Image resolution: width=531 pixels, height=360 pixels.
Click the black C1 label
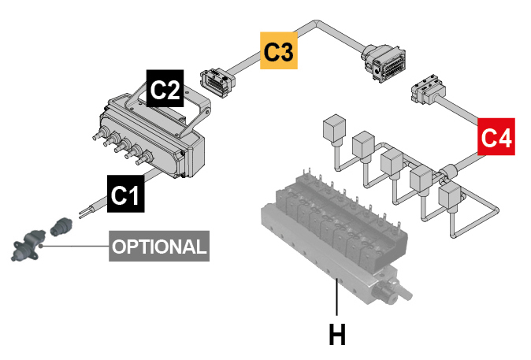coord(125,194)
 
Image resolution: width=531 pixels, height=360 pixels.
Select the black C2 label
coord(165,88)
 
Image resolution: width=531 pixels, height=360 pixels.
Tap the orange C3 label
coord(279,50)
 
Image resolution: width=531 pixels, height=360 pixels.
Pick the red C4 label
coord(496,137)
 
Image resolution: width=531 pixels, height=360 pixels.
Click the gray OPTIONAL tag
coord(159,247)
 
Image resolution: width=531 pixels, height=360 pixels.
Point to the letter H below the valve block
coord(337,334)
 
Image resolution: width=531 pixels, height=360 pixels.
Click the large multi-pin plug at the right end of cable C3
coord(384,63)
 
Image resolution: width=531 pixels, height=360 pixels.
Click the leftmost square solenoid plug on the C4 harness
coord(334,128)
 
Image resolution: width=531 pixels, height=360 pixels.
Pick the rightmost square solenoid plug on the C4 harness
coord(449,195)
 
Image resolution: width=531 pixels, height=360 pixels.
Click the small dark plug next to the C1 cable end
coord(61,226)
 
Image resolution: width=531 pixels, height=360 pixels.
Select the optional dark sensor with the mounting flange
coord(28,246)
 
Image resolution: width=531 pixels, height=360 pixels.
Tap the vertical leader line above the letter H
coord(336,296)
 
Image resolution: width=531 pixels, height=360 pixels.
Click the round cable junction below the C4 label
coord(448,172)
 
